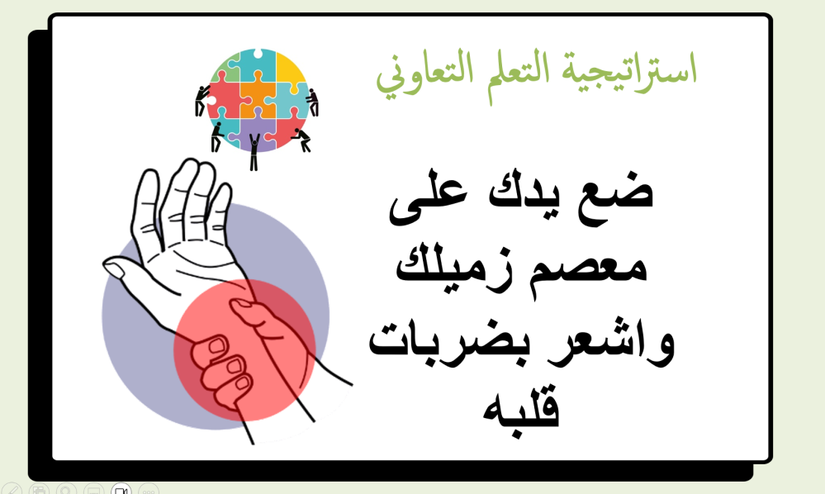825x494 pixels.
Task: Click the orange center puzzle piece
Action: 258,99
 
